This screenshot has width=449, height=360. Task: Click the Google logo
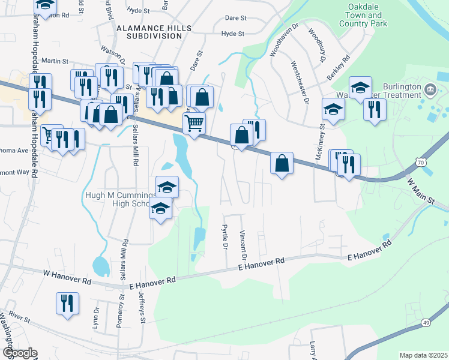(x=19, y=353)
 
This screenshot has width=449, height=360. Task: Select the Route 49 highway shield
(x=426, y=323)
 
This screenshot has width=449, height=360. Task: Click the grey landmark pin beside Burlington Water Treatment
(x=430, y=91)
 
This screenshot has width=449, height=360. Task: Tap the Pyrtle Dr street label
(x=225, y=236)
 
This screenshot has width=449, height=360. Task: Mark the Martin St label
(x=55, y=61)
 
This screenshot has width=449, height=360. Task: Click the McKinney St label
(x=319, y=142)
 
